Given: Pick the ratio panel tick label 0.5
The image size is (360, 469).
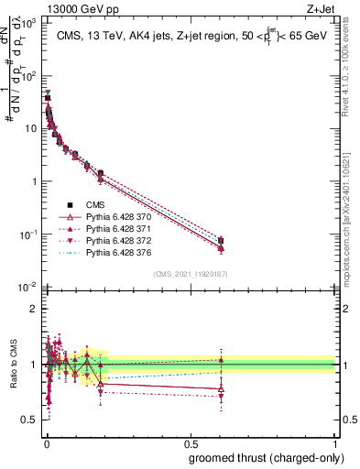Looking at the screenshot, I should click(x=31, y=420).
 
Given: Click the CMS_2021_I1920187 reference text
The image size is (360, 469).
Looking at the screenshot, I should click(x=190, y=273).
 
